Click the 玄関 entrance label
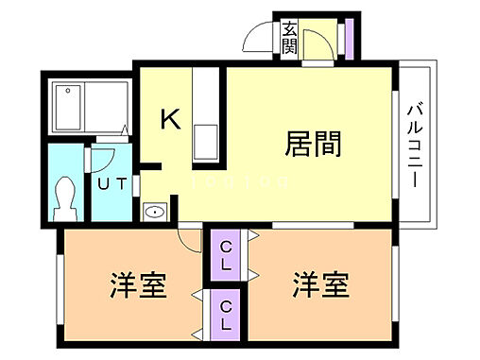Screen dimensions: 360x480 coord(289,38)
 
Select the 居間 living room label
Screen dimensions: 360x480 coord(313,143)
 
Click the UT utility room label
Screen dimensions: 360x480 coord(111,183)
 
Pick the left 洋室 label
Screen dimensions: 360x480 coord(138,284)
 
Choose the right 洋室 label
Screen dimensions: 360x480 coord(320,283)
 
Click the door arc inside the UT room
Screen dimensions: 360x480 coord(104,156)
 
